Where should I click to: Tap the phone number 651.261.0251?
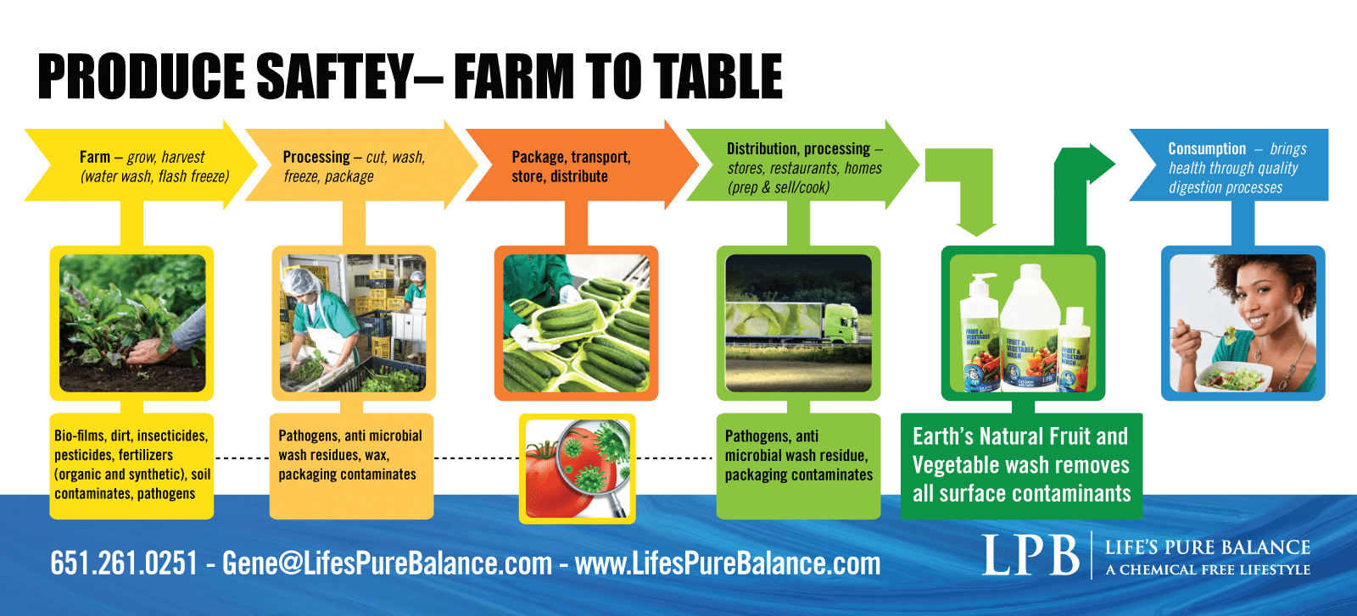click(124, 563)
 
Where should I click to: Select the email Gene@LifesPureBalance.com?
click(387, 563)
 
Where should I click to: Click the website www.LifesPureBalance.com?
click(728, 563)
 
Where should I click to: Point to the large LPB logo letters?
click(1030, 555)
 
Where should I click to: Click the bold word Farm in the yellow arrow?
click(95, 158)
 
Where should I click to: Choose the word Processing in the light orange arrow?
click(316, 158)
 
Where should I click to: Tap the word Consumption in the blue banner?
click(1207, 149)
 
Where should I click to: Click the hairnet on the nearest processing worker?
click(298, 281)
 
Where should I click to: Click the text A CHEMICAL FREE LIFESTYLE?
click(1208, 569)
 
